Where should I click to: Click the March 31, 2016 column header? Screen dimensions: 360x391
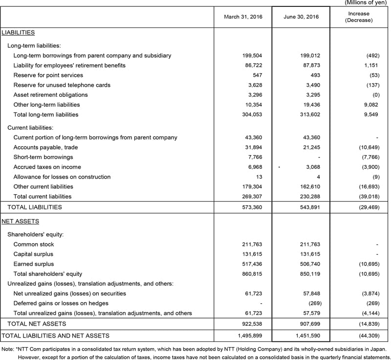[x=243, y=17]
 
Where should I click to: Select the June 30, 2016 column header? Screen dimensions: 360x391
[x=301, y=17]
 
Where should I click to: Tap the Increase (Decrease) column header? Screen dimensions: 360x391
[x=359, y=17]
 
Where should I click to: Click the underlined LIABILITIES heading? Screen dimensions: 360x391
[x=18, y=33]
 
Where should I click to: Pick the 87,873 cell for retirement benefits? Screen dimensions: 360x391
[x=310, y=66]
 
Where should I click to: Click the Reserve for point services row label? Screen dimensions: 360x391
[x=48, y=75]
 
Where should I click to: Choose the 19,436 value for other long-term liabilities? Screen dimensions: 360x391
[x=310, y=105]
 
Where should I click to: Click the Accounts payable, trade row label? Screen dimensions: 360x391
[x=45, y=147]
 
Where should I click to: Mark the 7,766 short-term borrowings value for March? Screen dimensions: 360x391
[x=256, y=157]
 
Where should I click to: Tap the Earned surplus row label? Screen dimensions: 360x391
[x=34, y=264]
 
